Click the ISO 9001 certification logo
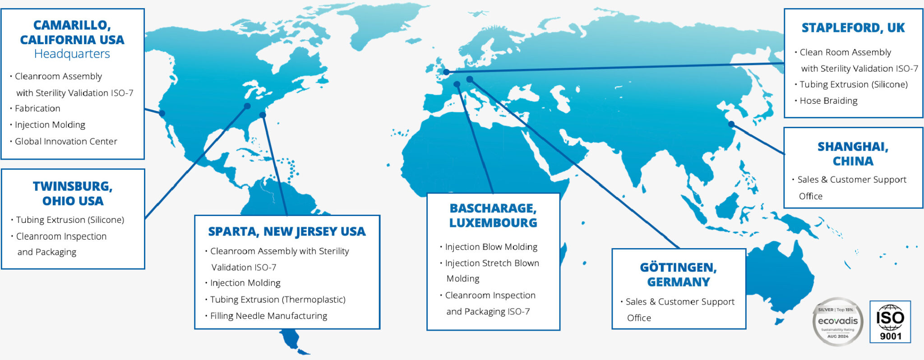pos(890,322)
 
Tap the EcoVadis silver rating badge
pos(838,322)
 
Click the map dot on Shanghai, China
pos(731,124)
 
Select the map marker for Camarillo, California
pos(162,113)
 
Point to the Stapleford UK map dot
pos(446,72)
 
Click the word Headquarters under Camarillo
pos(72,54)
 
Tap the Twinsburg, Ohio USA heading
pos(73,193)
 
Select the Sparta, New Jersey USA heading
pos(287,231)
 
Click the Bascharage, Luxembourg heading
pos(493,215)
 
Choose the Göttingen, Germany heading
pos(678,274)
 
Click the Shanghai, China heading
pos(853,153)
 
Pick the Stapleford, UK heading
pos(853,28)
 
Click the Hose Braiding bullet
pos(828,101)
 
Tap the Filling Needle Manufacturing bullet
pos(268,316)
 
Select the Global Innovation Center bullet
pos(66,141)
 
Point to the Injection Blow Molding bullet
pos(491,247)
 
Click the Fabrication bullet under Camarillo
pos(37,108)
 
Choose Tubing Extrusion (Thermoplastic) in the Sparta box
pos(277,300)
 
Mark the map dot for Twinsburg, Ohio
pos(247,106)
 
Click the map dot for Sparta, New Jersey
pos(263,115)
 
